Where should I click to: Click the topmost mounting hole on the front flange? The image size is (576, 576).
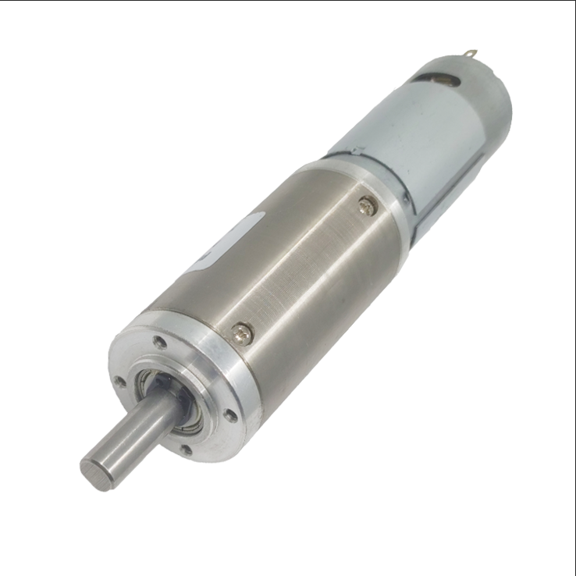[x=159, y=342]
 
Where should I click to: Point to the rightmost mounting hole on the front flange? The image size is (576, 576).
[x=231, y=415]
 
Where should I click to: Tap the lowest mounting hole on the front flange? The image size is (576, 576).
[x=186, y=450]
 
